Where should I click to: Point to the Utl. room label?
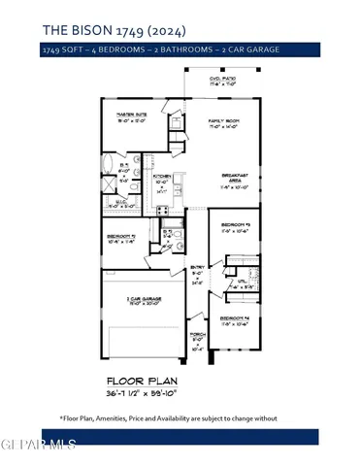[x=223, y=285]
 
